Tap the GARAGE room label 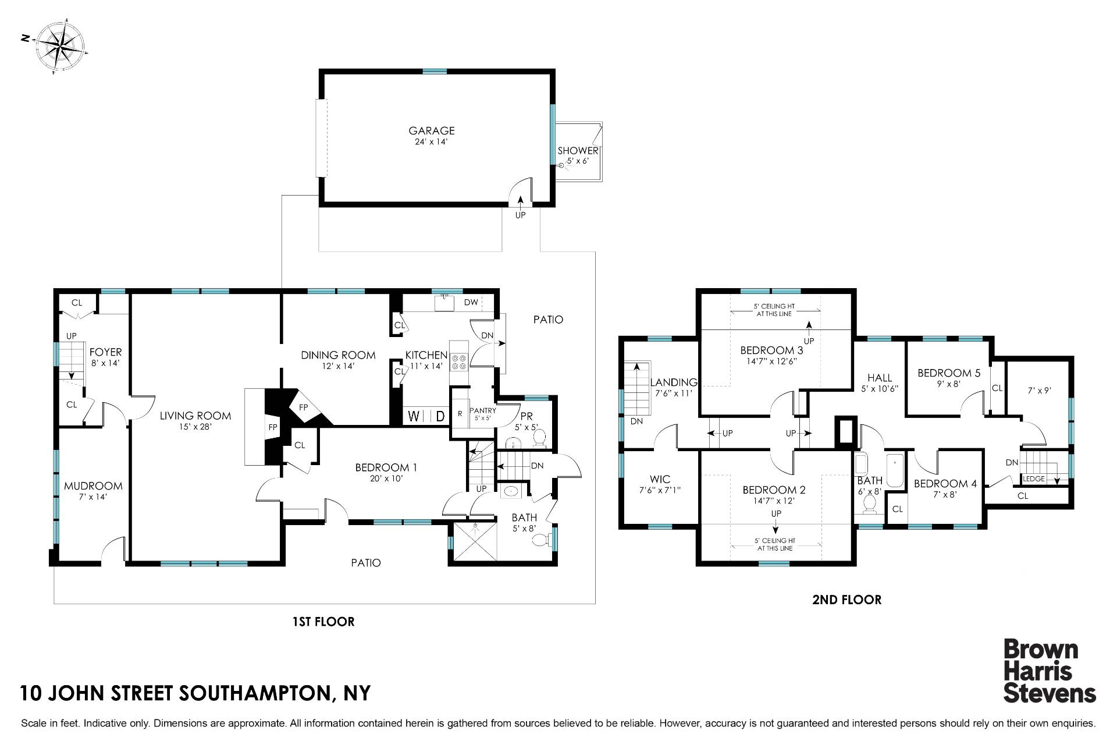[x=432, y=131]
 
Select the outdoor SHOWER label [x=578, y=151]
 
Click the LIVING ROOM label [x=195, y=416]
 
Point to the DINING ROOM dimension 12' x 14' [x=337, y=366]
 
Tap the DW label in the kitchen [x=471, y=302]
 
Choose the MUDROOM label [x=93, y=486]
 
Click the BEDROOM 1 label [x=386, y=467]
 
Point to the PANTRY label [x=483, y=410]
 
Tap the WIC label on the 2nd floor [x=660, y=480]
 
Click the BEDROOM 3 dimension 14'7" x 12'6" [x=771, y=361]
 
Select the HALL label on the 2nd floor [x=879, y=378]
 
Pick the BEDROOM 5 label [x=944, y=373]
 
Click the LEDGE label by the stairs [x=1034, y=479]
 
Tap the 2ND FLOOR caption [x=846, y=600]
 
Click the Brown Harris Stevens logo [x=1050, y=671]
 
